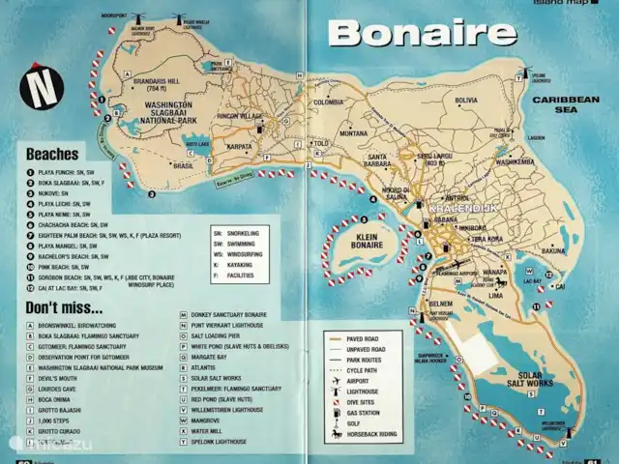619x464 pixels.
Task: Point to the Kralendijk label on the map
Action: [453, 208]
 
